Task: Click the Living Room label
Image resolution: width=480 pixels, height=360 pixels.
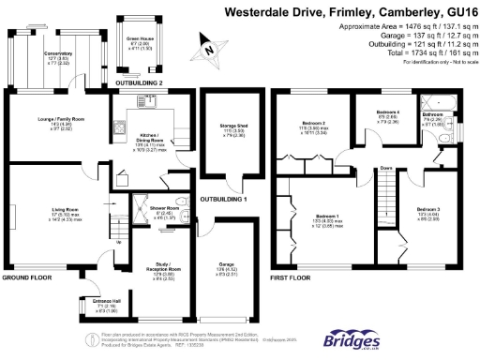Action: coord(64,209)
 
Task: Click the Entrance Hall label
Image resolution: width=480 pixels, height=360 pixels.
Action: coord(92,301)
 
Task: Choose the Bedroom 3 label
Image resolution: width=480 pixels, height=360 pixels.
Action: coord(425,208)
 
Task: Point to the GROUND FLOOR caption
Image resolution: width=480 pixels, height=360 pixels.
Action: coord(26,278)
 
